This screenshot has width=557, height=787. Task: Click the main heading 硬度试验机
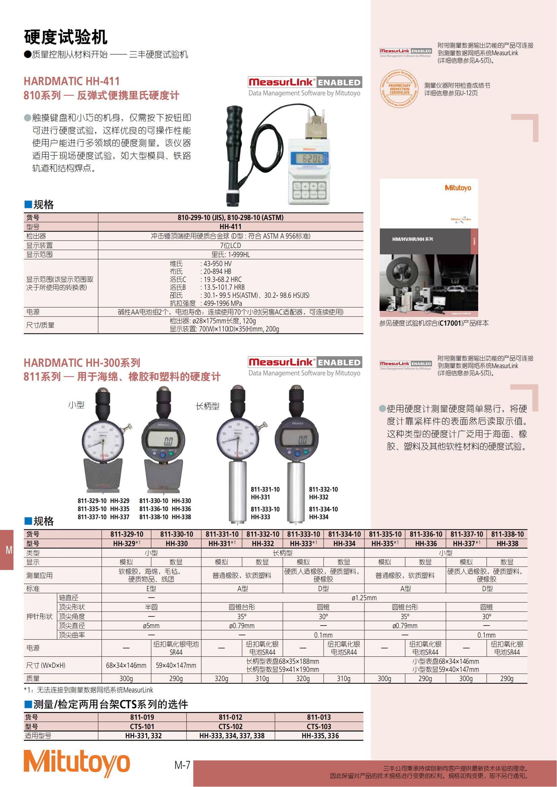[x=66, y=37]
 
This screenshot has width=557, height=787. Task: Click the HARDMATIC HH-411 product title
[x=72, y=81]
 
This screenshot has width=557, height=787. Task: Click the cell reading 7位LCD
[x=230, y=245]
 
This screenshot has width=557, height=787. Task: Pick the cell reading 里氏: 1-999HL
[x=230, y=254]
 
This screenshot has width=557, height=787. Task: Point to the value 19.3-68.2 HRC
[x=222, y=279]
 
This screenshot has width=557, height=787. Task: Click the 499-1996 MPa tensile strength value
[x=222, y=303]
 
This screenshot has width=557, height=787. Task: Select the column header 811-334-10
[x=344, y=534]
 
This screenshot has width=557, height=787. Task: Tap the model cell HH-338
[x=506, y=543]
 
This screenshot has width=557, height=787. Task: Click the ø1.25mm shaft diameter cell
[x=364, y=598]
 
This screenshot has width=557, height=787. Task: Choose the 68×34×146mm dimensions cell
[x=126, y=665]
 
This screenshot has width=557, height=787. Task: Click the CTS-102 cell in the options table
[x=230, y=726]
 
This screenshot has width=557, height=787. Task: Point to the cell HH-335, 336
[x=320, y=736]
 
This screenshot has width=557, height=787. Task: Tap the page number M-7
[x=182, y=765]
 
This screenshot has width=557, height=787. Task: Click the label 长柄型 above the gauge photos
[x=207, y=406]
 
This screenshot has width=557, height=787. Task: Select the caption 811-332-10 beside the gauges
[x=323, y=489]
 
